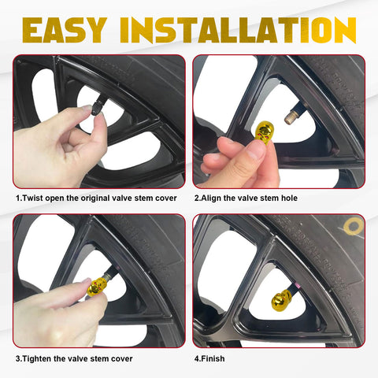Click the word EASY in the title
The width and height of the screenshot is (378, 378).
(65, 30)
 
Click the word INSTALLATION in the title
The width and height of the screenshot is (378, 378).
(238, 30)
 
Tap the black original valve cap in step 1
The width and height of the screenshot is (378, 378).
(97, 106)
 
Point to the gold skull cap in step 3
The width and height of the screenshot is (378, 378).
(96, 287)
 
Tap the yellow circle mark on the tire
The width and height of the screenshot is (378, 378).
(354, 226)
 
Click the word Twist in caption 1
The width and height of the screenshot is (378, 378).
(33, 198)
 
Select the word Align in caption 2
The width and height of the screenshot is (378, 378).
(211, 198)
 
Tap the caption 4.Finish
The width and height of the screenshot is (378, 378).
(209, 358)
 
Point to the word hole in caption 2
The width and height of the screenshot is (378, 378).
(289, 198)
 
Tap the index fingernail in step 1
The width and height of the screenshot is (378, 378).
(87, 108)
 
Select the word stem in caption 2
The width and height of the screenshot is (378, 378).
(270, 198)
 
